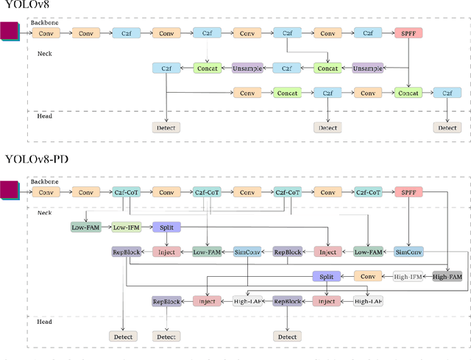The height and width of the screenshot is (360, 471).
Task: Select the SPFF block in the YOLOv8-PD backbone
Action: coord(408,192)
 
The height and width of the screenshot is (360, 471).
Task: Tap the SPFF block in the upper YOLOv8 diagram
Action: coord(408,33)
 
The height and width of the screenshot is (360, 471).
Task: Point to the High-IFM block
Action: coord(408,276)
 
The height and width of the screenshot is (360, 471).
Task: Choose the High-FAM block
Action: coord(447,276)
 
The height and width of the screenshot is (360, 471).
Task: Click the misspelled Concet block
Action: coord(287,93)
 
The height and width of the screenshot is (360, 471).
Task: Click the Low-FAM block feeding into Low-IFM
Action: coord(85,227)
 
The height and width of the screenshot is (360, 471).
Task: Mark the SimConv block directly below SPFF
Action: coord(408,252)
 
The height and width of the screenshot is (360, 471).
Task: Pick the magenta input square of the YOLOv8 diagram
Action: coord(10,32)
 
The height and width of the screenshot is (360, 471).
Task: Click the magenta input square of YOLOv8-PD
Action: coord(10,191)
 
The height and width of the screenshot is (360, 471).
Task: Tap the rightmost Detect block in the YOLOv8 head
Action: coord(447,127)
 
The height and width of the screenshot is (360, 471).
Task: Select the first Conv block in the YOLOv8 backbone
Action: coord(46,33)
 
